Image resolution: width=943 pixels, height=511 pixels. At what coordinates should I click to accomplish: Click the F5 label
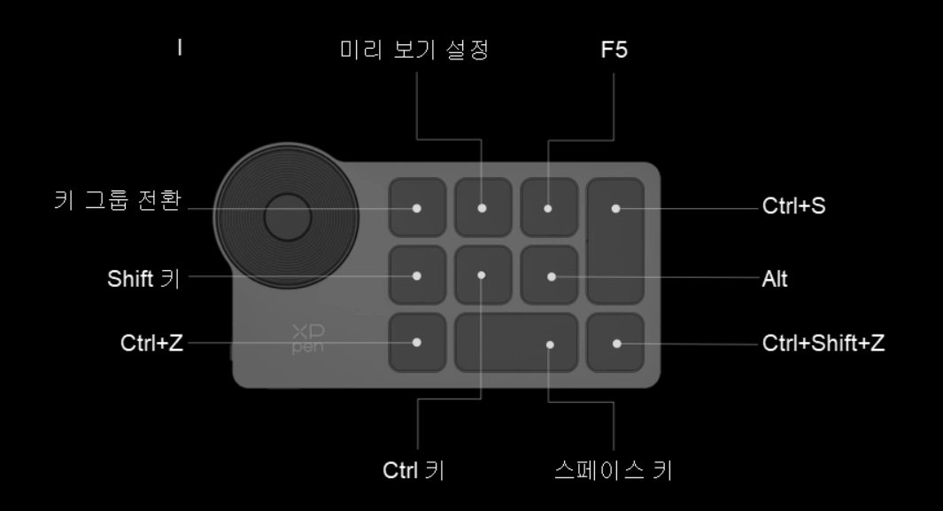click(x=614, y=50)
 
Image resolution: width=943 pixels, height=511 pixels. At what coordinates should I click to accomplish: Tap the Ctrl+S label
click(x=794, y=206)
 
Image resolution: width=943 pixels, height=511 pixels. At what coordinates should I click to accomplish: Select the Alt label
click(x=775, y=279)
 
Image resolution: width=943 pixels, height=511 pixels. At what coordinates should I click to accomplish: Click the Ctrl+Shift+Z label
click(x=823, y=344)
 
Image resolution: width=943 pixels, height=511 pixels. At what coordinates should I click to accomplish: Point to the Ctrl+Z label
click(x=151, y=344)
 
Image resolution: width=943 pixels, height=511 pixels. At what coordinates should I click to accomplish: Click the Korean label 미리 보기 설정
click(x=414, y=50)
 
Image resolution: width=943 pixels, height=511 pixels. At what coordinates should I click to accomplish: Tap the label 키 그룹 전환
click(x=118, y=200)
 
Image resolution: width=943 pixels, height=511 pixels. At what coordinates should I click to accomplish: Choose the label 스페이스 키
click(x=614, y=470)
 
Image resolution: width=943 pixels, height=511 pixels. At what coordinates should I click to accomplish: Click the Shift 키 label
click(x=143, y=279)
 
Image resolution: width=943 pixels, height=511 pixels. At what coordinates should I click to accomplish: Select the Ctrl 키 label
click(x=414, y=470)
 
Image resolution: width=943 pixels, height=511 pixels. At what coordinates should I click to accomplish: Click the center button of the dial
click(x=288, y=217)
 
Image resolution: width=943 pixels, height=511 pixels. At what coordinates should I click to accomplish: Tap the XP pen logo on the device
click(x=308, y=339)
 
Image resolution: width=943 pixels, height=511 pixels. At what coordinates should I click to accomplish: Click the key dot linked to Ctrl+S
click(x=616, y=209)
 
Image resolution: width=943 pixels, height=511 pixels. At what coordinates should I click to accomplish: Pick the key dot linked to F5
click(x=548, y=209)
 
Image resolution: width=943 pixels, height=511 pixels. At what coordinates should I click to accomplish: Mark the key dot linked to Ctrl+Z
click(x=417, y=343)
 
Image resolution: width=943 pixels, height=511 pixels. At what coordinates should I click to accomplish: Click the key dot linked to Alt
click(x=552, y=277)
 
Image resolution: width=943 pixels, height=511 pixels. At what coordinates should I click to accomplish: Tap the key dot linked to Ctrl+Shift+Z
click(x=616, y=344)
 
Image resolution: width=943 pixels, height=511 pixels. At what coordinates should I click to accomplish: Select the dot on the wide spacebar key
click(x=550, y=345)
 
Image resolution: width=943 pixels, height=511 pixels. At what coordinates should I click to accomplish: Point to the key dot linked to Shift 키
click(x=417, y=276)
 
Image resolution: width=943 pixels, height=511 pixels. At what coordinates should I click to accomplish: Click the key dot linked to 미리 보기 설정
click(x=482, y=208)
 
